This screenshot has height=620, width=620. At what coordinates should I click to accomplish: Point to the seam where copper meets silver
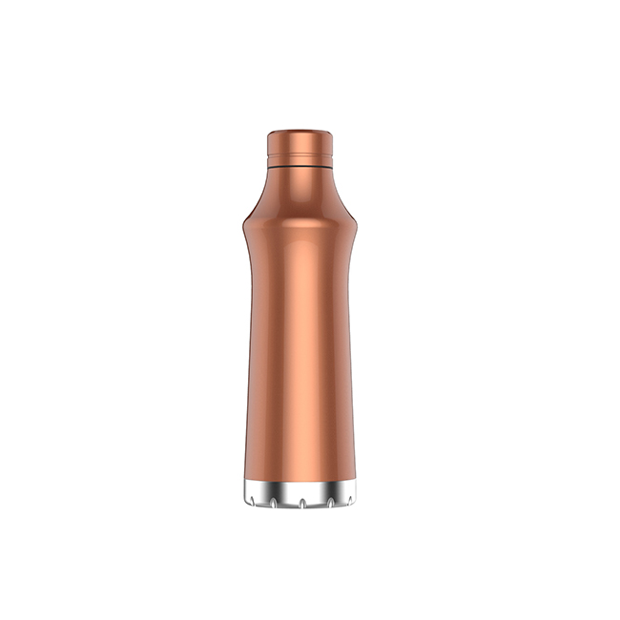coord(300,480)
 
